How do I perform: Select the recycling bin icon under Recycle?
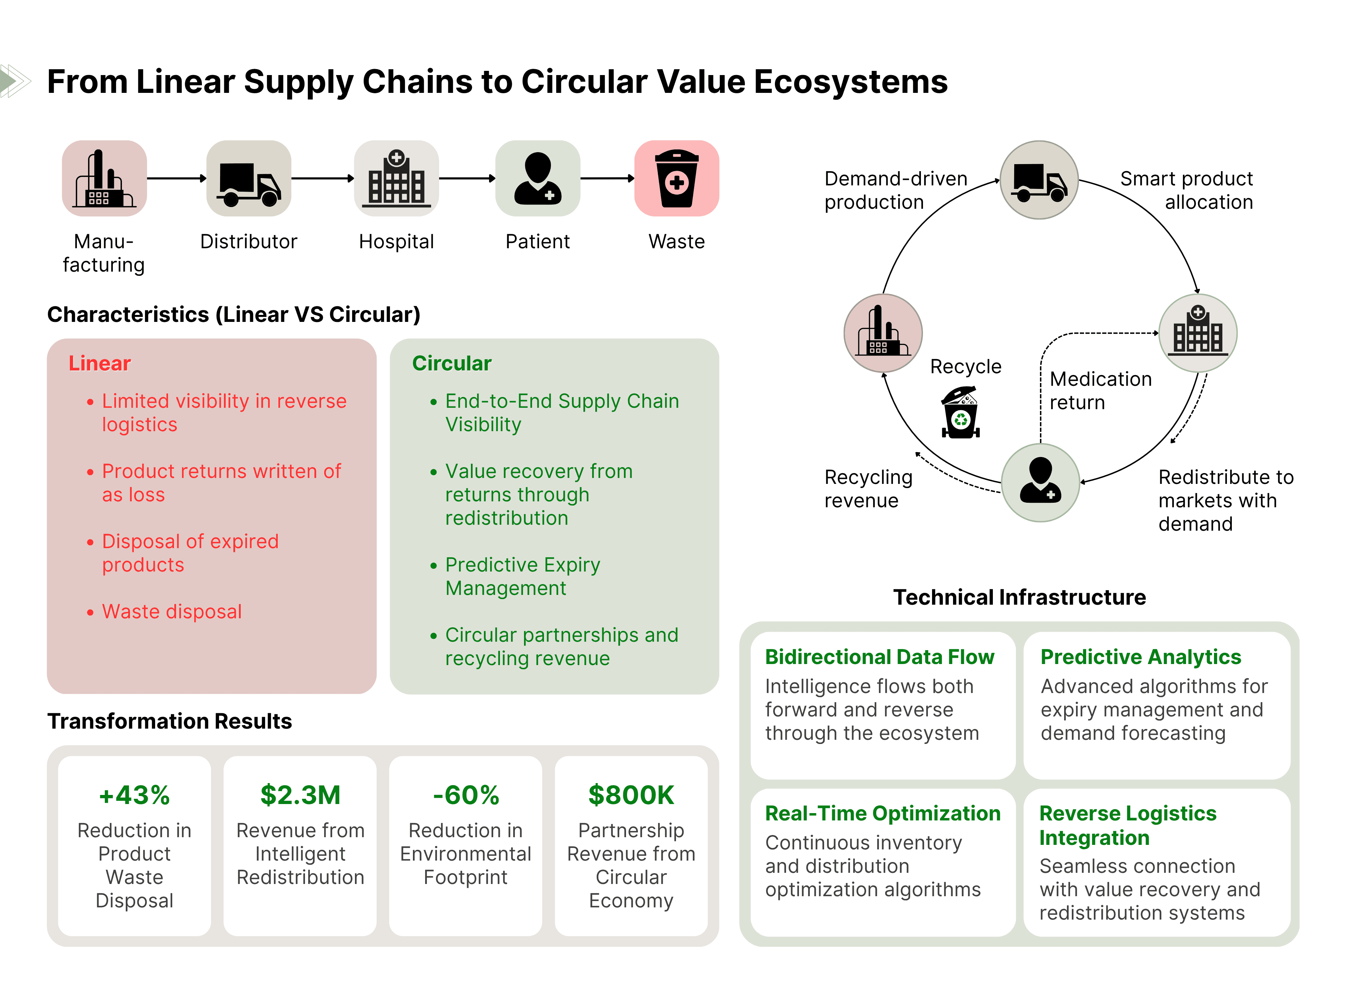[961, 413]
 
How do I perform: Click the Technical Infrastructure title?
[1019, 597]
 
